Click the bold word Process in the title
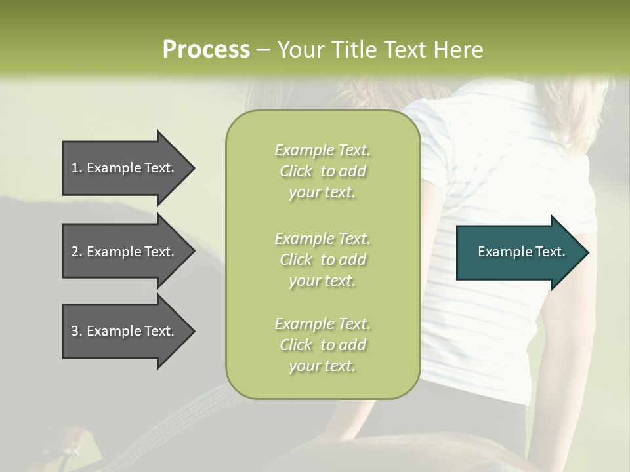206,50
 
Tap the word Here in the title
459,50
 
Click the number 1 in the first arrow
75,168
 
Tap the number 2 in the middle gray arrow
75,252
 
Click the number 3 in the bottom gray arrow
75,331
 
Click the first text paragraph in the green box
322,171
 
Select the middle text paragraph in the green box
322,259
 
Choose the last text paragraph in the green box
322,345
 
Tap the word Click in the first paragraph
296,171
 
